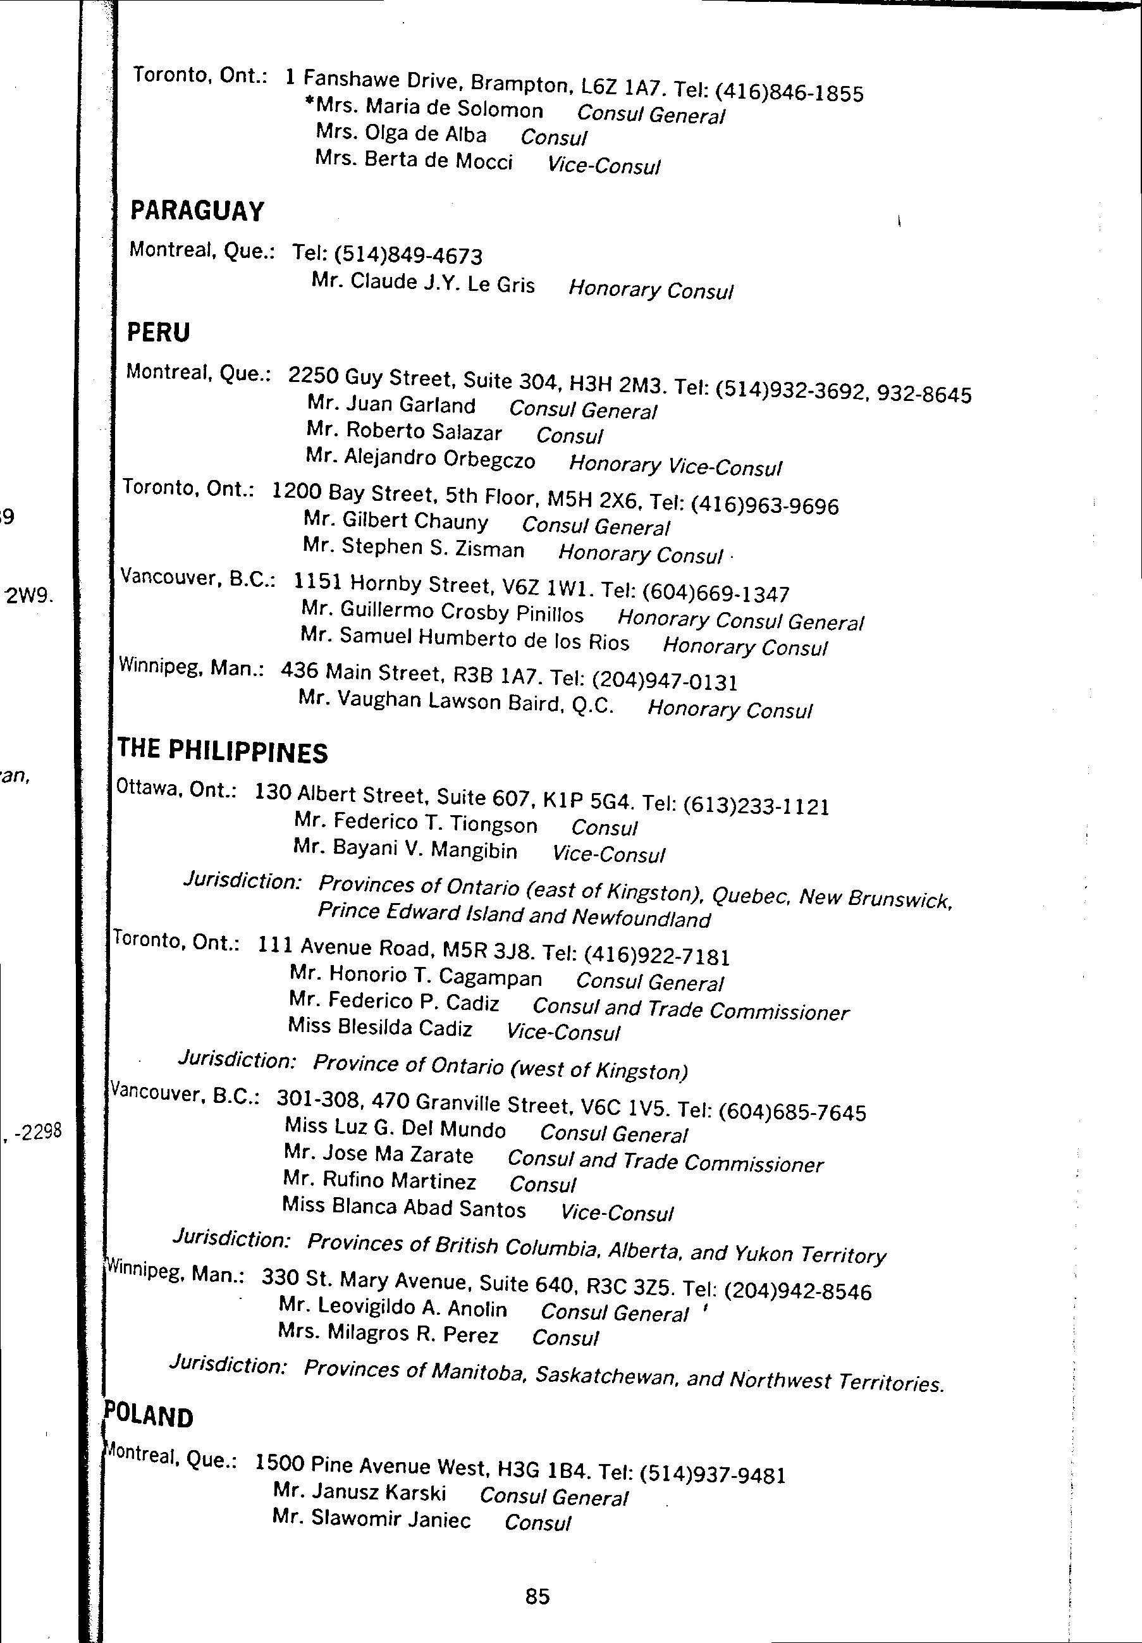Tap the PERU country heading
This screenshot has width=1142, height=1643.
click(158, 332)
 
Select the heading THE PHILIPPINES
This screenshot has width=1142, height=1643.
click(223, 751)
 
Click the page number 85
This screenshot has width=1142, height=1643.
click(537, 1596)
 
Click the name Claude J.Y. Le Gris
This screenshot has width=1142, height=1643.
click(441, 283)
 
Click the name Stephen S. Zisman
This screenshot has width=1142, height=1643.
click(432, 548)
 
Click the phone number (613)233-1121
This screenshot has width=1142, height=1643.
click(756, 806)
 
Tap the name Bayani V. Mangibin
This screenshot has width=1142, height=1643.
click(424, 849)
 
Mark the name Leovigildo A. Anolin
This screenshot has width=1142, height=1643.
click(411, 1307)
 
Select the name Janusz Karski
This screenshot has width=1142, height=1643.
click(378, 1492)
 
